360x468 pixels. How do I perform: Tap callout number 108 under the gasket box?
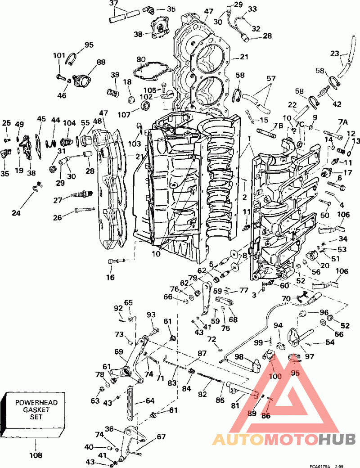[x=36, y=455]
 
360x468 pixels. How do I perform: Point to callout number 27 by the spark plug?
[x=58, y=200]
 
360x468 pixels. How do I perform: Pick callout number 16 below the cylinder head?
[x=110, y=277]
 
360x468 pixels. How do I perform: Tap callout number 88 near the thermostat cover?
[x=100, y=63]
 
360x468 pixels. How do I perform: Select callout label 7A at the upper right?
[x=343, y=122]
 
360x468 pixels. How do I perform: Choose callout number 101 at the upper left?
[x=59, y=56]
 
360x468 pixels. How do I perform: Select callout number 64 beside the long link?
[x=150, y=400]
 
